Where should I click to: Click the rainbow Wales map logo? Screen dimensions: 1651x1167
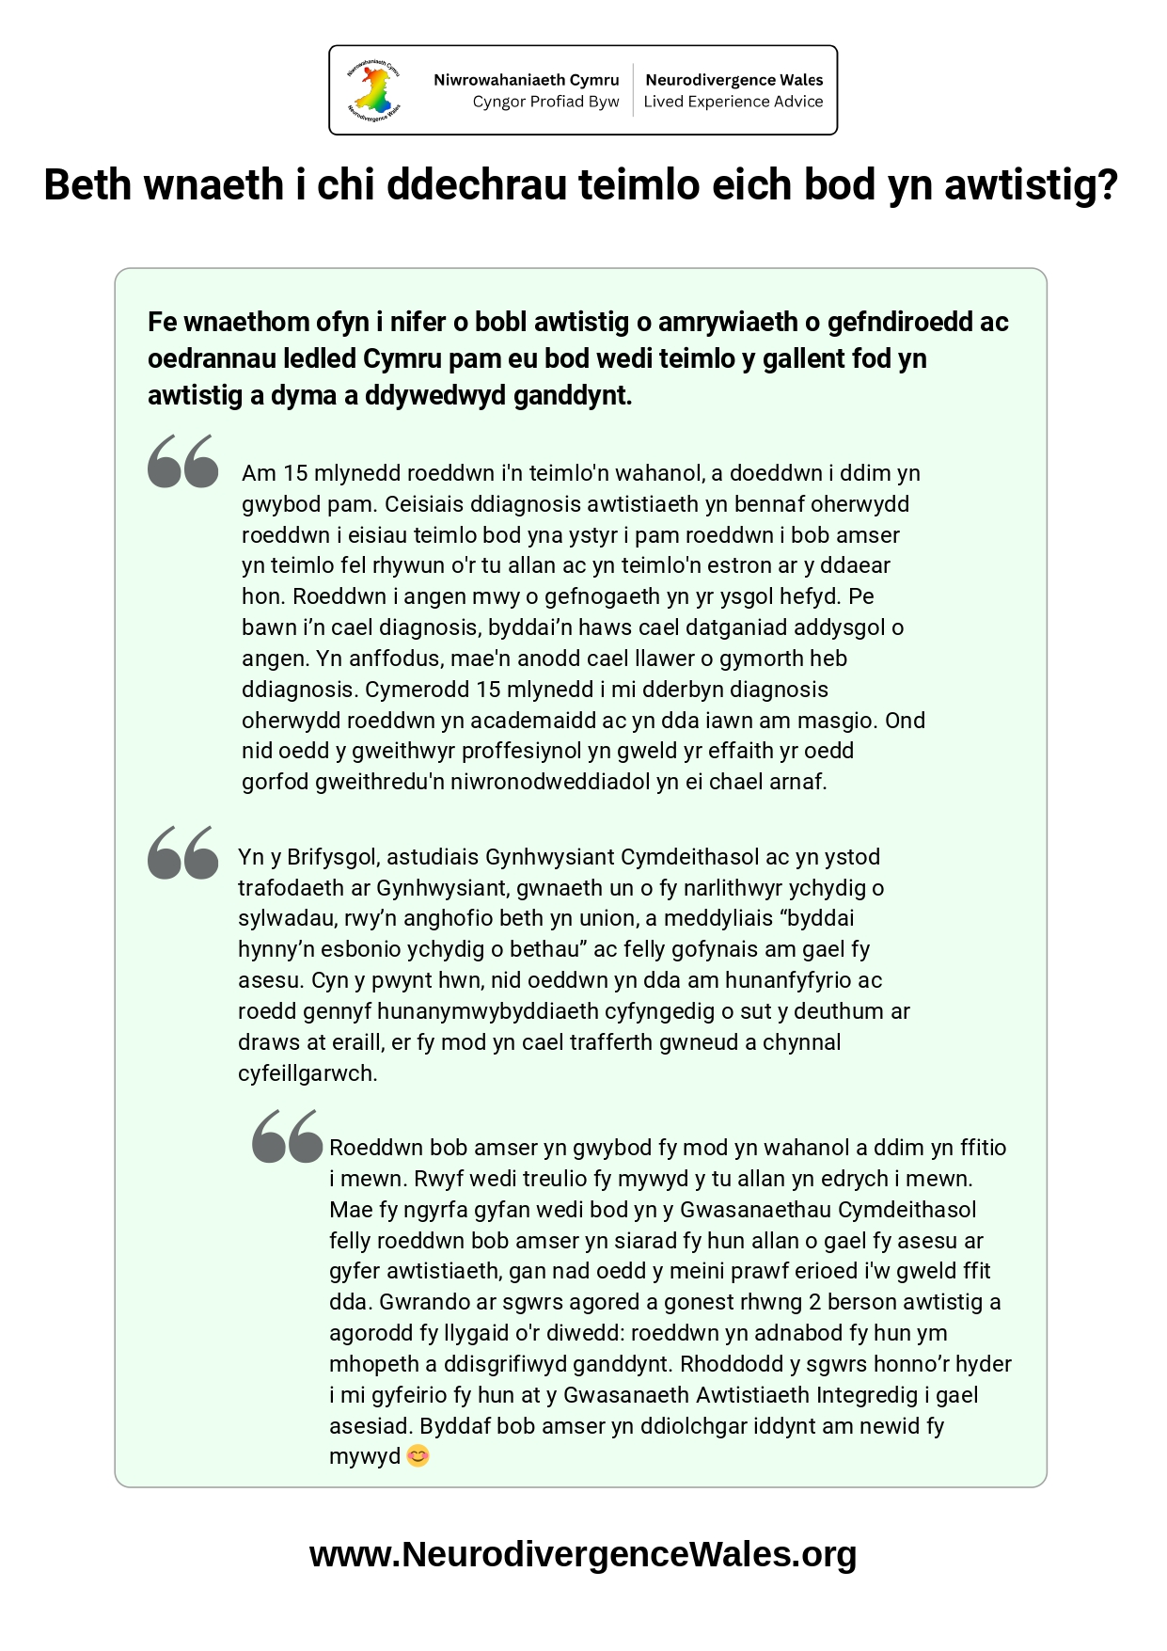coord(374,90)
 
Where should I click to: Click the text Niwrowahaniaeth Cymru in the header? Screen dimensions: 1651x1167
coord(526,80)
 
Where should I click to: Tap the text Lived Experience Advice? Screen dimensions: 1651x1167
coord(733,102)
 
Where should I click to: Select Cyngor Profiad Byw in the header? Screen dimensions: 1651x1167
coord(545,102)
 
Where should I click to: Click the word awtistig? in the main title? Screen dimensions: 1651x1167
coord(1031,185)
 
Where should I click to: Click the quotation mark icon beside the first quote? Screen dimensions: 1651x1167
coord(183,461)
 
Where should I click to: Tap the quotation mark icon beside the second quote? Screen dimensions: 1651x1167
coord(183,852)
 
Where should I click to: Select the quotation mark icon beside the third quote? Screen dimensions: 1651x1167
coord(288,1136)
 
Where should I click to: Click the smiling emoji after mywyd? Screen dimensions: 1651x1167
coord(418,1456)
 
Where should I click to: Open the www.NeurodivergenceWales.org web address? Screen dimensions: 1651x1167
coord(583,1554)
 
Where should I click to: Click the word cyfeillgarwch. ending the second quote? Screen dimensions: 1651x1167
coord(308,1073)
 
